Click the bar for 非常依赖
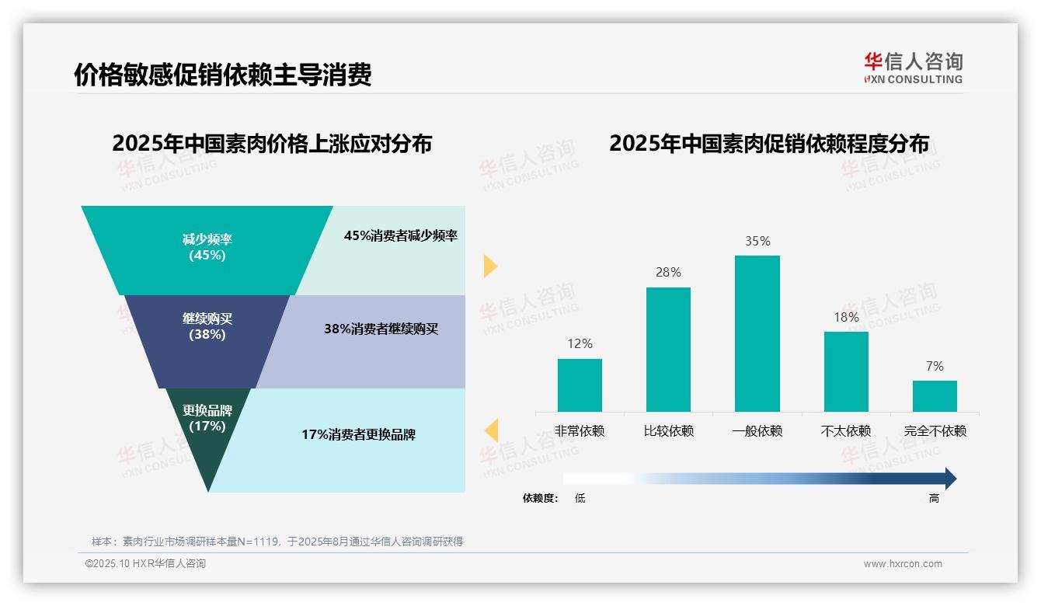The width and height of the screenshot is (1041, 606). (580, 385)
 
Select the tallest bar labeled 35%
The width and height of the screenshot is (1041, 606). (757, 333)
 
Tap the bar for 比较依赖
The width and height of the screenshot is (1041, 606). (668, 350)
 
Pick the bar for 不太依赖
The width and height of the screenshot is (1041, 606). (846, 371)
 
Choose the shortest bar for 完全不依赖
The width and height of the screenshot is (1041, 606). (935, 396)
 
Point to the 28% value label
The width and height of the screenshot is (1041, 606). (668, 272)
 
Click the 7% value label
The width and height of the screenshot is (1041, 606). (935, 366)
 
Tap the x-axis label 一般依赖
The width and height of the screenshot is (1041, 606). (757, 431)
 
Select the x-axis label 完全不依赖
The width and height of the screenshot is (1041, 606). (935, 431)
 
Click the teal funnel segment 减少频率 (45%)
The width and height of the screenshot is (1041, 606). (207, 247)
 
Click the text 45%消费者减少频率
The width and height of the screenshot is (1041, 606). (401, 236)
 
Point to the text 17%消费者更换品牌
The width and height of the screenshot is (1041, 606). (358, 435)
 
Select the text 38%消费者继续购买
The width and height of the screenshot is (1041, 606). (381, 329)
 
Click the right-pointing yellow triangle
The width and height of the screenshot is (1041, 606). (489, 266)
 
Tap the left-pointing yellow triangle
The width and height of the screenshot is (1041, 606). (491, 430)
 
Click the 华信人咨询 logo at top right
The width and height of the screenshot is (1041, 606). (913, 68)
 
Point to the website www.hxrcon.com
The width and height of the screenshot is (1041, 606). (903, 564)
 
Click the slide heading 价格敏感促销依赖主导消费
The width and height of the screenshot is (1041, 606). (223, 75)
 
